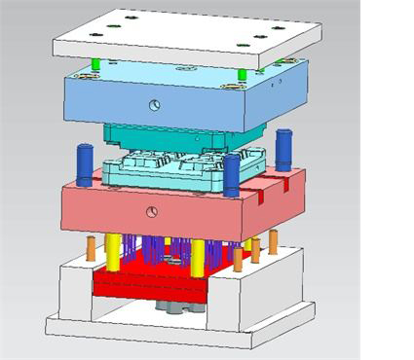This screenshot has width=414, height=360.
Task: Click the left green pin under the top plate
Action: [x=95, y=64]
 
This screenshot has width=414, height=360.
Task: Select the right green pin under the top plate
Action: [x=242, y=74]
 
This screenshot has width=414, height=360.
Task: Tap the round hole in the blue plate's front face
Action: [x=153, y=103]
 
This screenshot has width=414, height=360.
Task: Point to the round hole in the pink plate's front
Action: [x=151, y=211]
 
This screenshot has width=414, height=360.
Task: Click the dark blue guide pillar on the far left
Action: [x=85, y=163]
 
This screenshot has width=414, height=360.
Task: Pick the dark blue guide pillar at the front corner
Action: [x=231, y=175]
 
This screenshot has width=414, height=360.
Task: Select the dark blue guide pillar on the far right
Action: [x=283, y=149]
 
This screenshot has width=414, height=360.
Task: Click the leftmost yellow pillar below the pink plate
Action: [x=114, y=251]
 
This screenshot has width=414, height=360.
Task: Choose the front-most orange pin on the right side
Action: [x=238, y=259]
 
